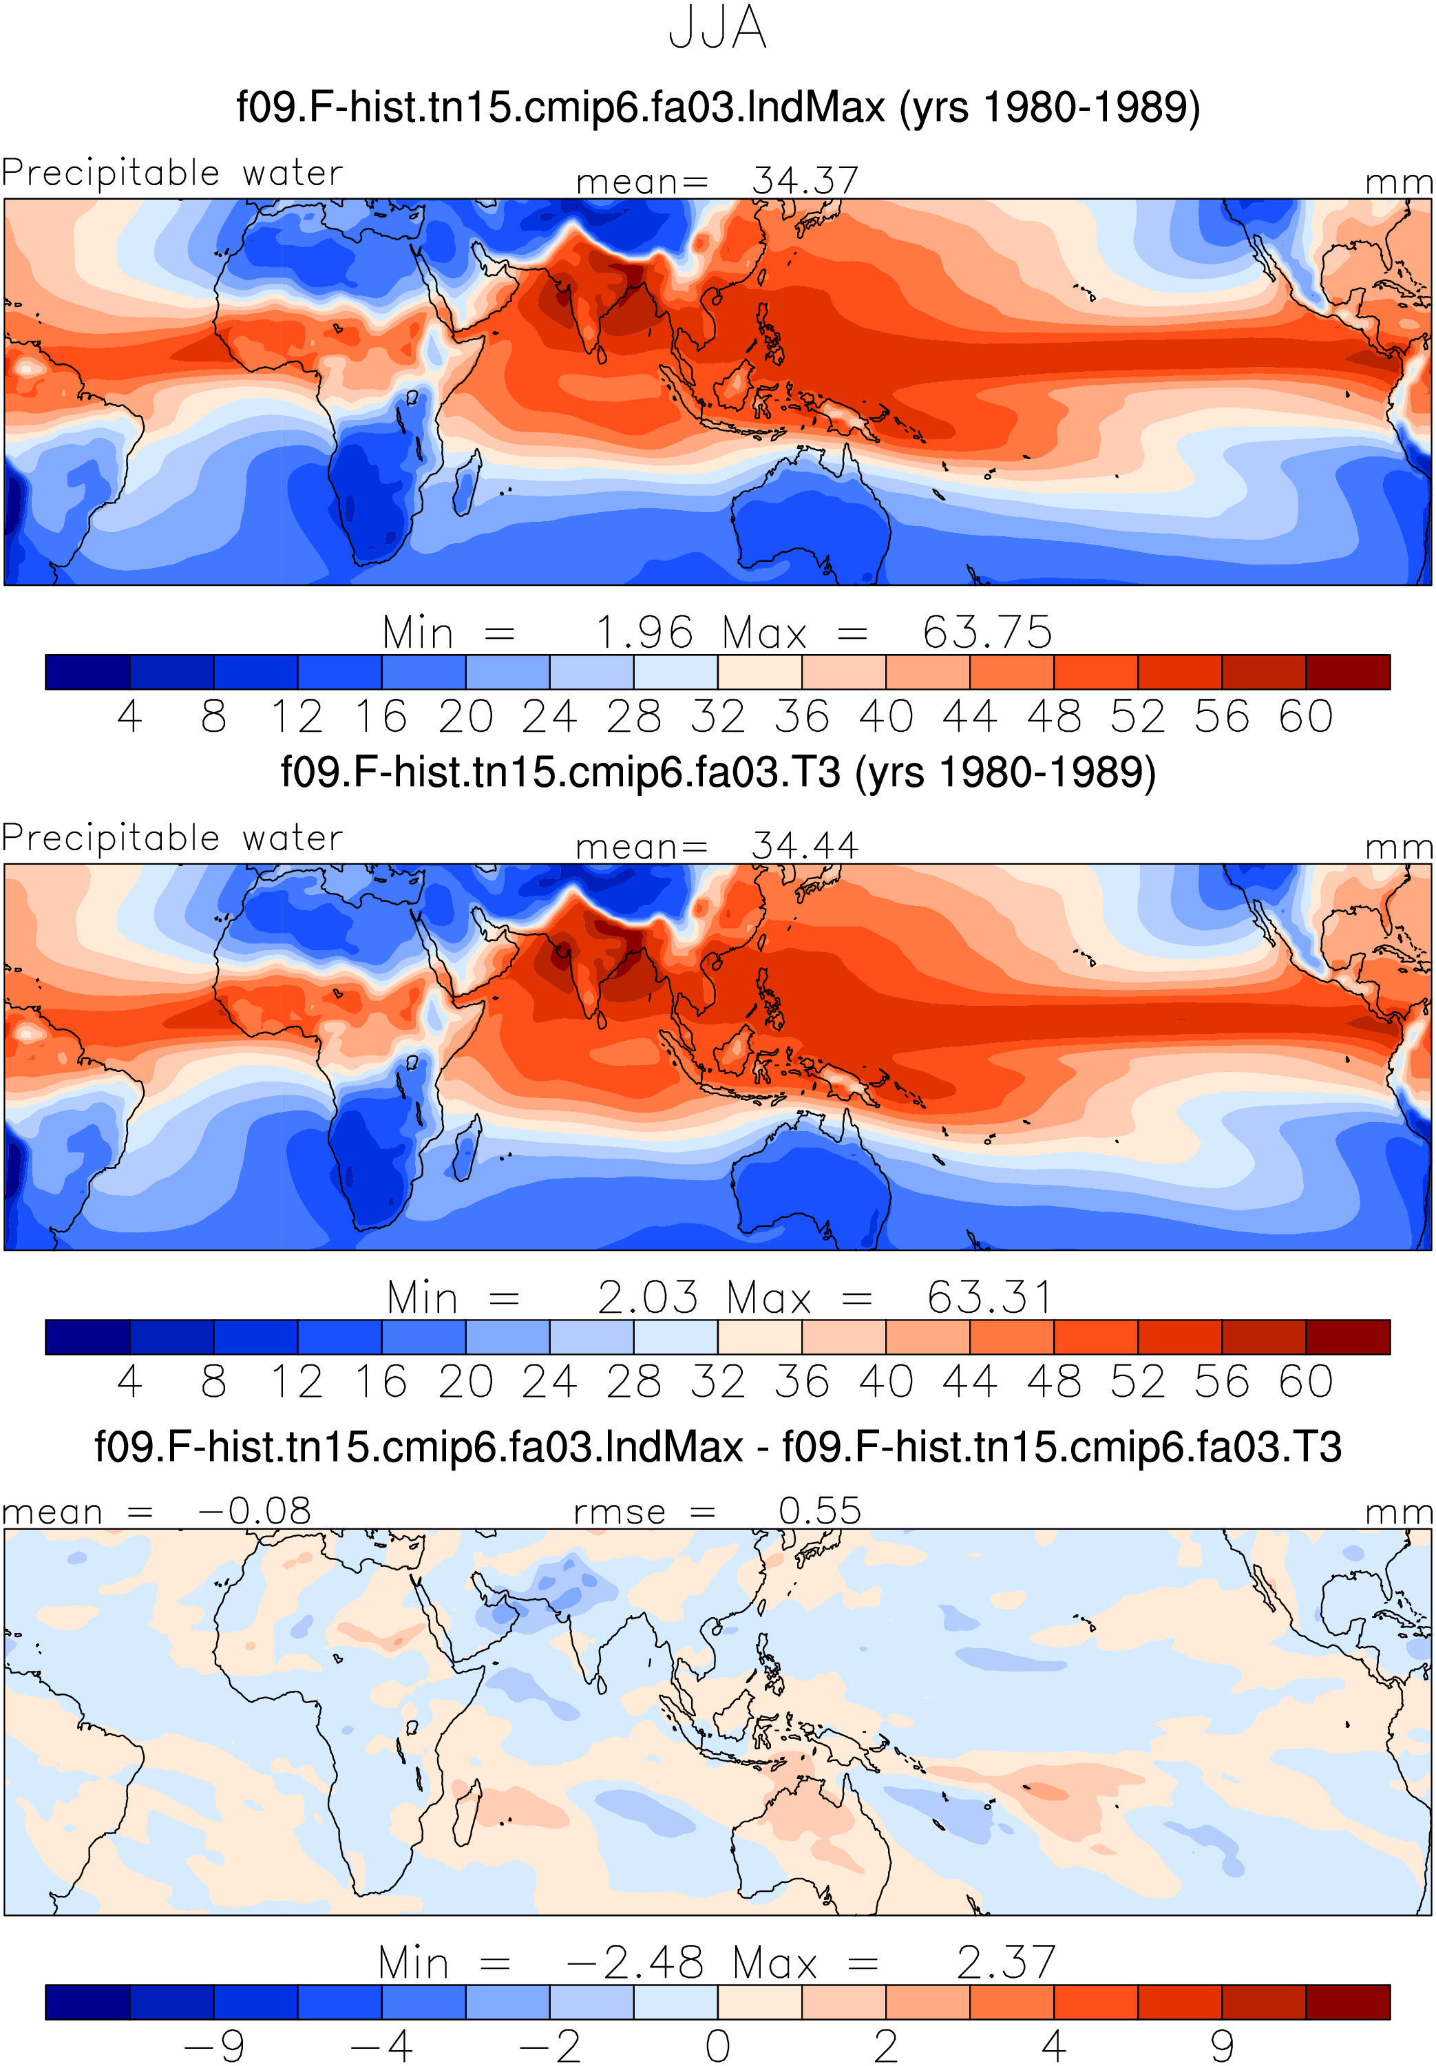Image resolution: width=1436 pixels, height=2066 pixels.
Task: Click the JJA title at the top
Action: pos(717,28)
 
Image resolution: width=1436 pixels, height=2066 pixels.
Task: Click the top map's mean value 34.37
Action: pos(805,181)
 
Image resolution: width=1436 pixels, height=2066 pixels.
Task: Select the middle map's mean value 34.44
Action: pos(805,846)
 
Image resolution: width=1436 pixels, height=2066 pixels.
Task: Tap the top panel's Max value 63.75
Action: pos(987,633)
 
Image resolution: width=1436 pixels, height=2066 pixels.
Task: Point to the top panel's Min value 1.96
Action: pos(644,633)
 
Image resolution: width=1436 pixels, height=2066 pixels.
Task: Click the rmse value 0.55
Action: pos(820,1511)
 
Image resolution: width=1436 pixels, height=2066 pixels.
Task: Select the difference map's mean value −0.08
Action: pos(255,1511)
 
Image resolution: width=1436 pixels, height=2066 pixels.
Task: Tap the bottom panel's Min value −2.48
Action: pos(635,1963)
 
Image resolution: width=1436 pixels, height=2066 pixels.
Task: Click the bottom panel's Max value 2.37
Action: pos(1006,1963)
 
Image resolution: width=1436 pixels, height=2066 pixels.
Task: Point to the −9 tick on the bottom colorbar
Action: pos(213,2045)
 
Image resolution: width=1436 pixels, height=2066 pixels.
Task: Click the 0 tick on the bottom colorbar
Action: pos(717,2045)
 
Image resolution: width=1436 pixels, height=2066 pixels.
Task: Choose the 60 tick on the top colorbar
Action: pos(1305,717)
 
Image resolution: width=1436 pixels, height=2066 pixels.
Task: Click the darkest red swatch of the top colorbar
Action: pos(1348,672)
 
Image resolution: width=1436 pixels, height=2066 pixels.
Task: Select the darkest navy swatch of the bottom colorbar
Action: pos(87,2002)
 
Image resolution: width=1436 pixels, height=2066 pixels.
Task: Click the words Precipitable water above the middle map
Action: pos(172,838)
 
